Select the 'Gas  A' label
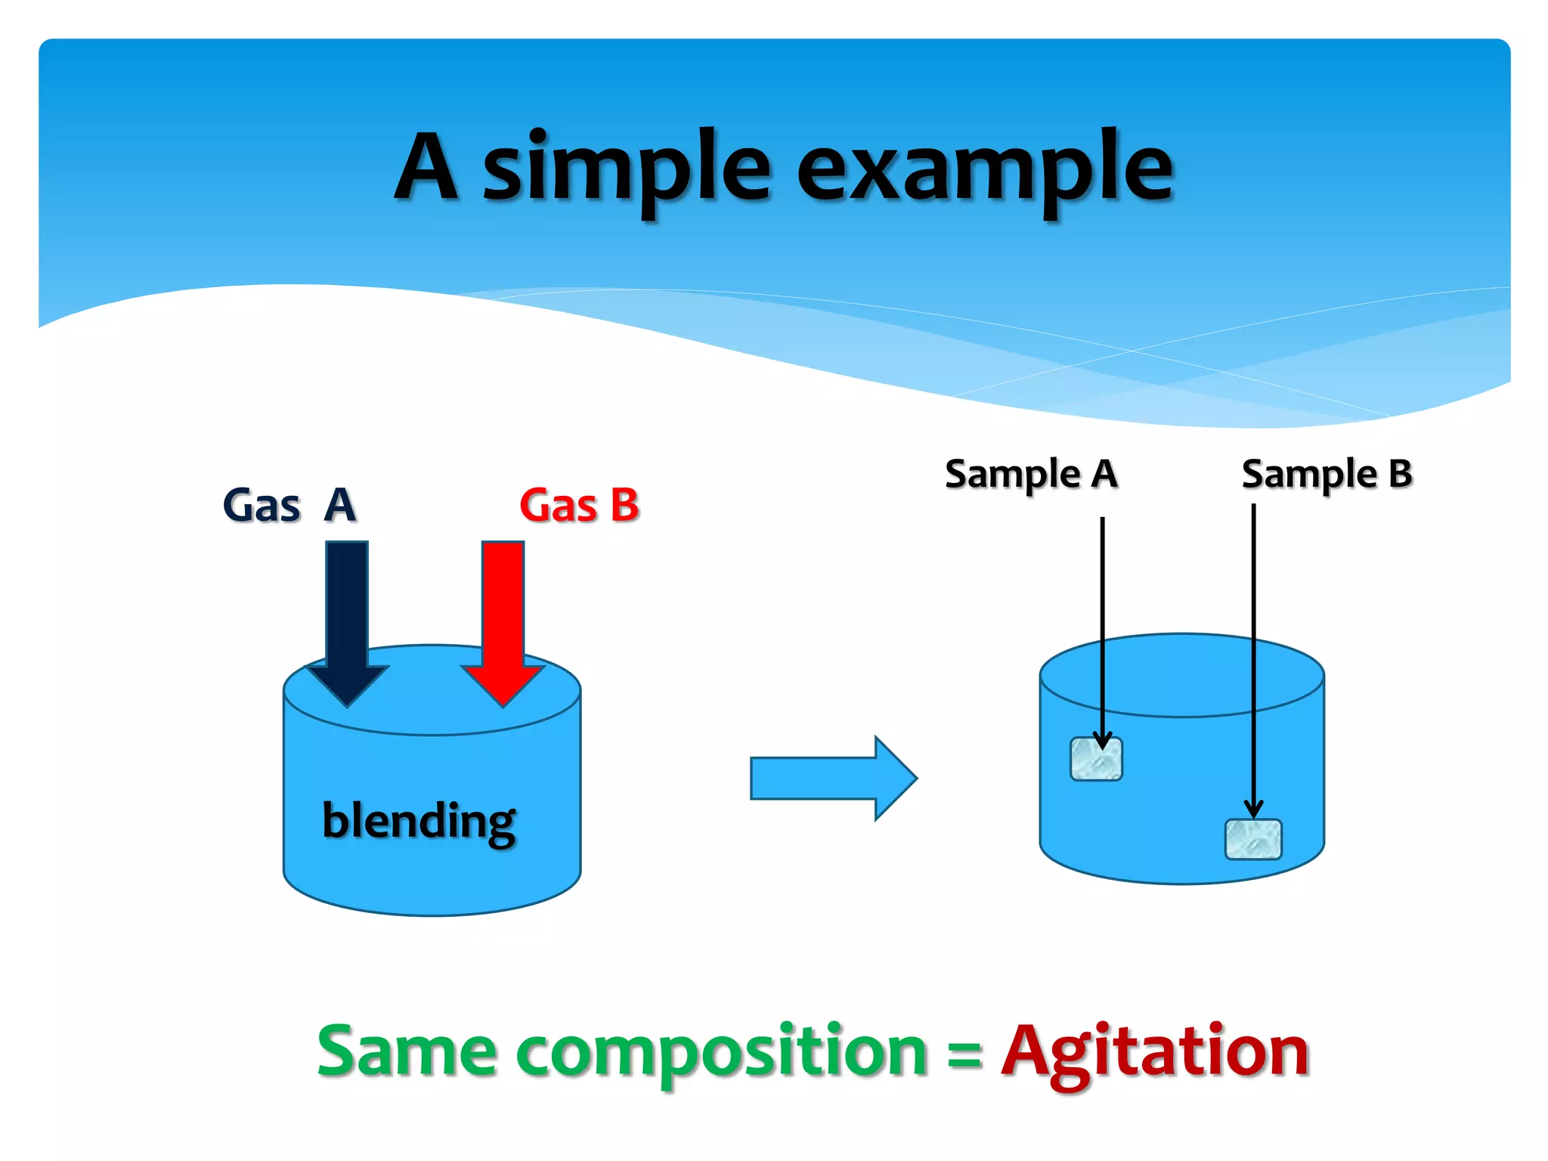click(x=289, y=505)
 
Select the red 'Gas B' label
click(x=579, y=505)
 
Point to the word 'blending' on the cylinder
click(x=419, y=821)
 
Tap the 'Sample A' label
click(x=1031, y=475)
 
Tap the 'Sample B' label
click(x=1327, y=475)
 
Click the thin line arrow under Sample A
click(x=1103, y=627)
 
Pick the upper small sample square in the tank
click(x=1096, y=760)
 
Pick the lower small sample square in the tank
click(x=1252, y=840)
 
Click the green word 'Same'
click(x=407, y=1051)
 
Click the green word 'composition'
click(x=721, y=1052)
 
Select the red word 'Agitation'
click(x=1154, y=1052)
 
